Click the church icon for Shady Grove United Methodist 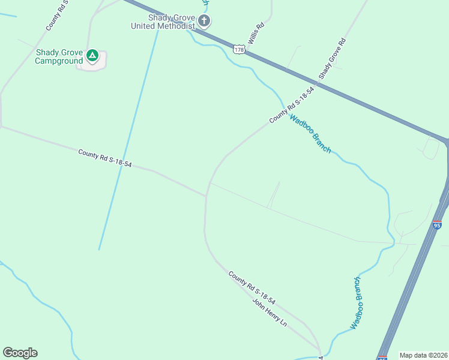(x=204, y=22)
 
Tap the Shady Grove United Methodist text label (x=164, y=22)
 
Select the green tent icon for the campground (x=92, y=56)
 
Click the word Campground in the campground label (x=59, y=61)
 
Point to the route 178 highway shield (x=240, y=50)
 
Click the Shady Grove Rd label (x=333, y=59)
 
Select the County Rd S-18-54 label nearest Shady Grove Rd (x=292, y=105)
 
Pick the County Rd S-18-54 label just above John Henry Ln (x=252, y=287)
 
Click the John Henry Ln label (x=270, y=312)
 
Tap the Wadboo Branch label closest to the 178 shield (x=310, y=133)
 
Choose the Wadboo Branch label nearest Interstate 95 (x=357, y=302)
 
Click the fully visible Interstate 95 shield (x=436, y=225)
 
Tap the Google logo (x=20, y=353)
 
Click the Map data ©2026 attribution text (x=424, y=355)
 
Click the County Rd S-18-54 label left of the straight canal (x=104, y=158)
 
